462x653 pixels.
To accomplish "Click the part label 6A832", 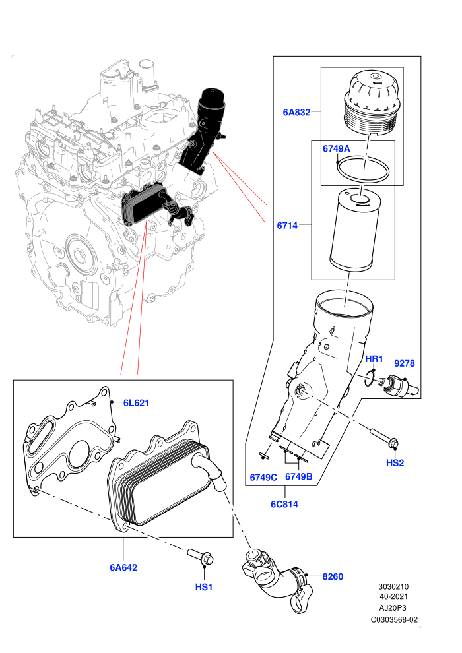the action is pyautogui.click(x=296, y=112).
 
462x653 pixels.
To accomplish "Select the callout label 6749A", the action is pyautogui.click(x=336, y=148).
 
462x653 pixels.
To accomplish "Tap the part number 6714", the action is pyautogui.click(x=288, y=226).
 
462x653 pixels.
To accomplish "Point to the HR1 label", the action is pyautogui.click(x=374, y=359).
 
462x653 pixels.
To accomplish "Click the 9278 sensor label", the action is pyautogui.click(x=405, y=363).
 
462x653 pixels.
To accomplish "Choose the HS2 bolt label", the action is pyautogui.click(x=395, y=462).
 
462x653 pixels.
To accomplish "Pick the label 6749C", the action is pyautogui.click(x=263, y=478).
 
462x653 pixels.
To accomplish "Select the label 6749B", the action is pyautogui.click(x=299, y=476).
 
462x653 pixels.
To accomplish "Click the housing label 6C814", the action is pyautogui.click(x=284, y=504).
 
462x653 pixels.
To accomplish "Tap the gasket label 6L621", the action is pyautogui.click(x=136, y=403).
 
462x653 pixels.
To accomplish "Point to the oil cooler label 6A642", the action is pyautogui.click(x=123, y=567).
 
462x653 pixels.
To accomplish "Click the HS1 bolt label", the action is pyautogui.click(x=204, y=587).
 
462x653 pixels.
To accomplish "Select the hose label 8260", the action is pyautogui.click(x=333, y=576).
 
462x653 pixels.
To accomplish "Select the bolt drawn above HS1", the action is pyautogui.click(x=201, y=555).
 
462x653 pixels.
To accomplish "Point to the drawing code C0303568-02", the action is pyautogui.click(x=394, y=619).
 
